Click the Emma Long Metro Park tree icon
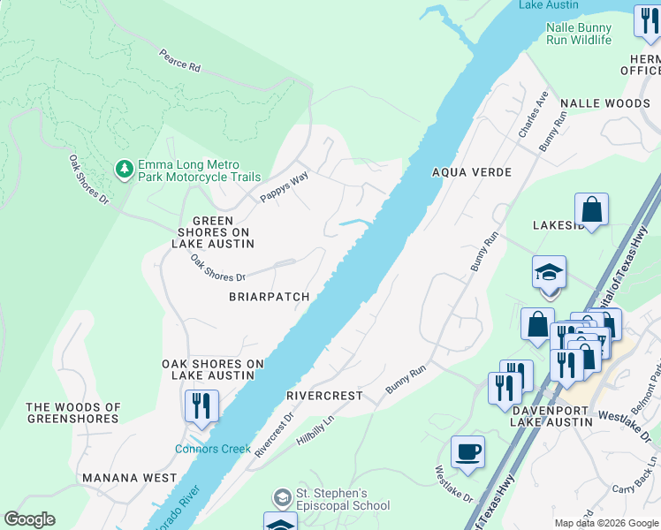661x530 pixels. pyautogui.click(x=125, y=168)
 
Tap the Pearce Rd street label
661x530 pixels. pyautogui.click(x=180, y=61)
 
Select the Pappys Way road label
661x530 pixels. pyautogui.click(x=285, y=187)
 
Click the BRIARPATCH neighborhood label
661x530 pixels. pyautogui.click(x=269, y=297)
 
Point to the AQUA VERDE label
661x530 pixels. pyautogui.click(x=471, y=172)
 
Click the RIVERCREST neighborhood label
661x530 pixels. pyautogui.click(x=324, y=396)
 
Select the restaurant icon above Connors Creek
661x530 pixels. pyautogui.click(x=201, y=406)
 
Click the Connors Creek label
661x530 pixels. pyautogui.click(x=212, y=449)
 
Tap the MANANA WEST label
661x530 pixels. pyautogui.click(x=129, y=478)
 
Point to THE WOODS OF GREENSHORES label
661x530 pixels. pyautogui.click(x=73, y=413)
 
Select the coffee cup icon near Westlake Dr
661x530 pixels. pyautogui.click(x=467, y=452)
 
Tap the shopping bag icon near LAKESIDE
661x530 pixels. pyautogui.click(x=591, y=210)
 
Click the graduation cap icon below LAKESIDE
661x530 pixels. pyautogui.click(x=549, y=272)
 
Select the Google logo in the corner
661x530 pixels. pyautogui.click(x=29, y=519)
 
